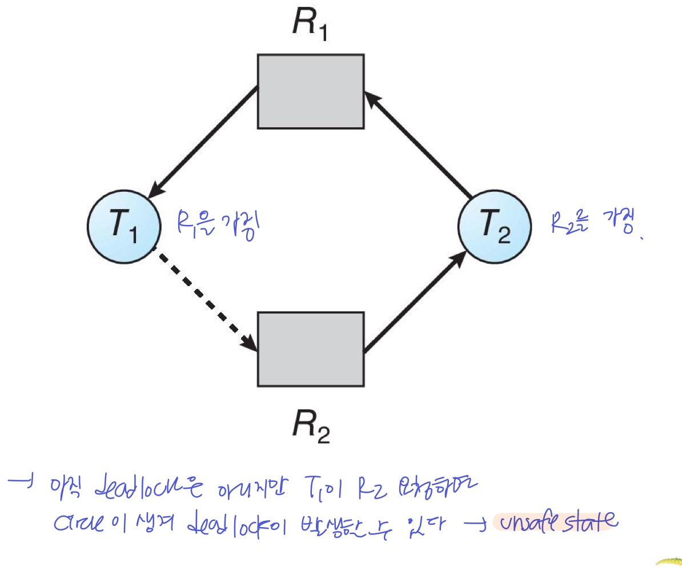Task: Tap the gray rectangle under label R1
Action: point(310,91)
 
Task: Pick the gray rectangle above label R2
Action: point(310,349)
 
